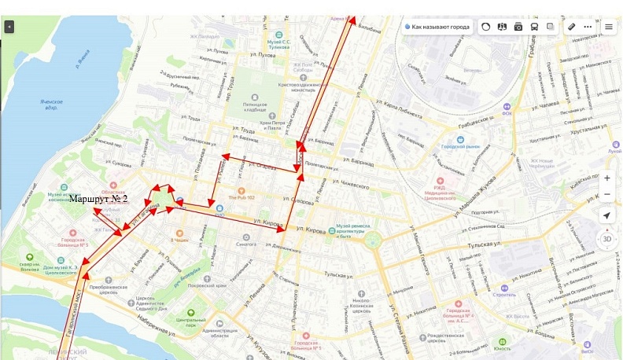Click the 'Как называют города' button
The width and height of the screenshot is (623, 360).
[437, 27]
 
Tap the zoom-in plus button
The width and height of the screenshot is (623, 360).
[607, 178]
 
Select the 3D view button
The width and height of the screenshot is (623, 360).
[607, 239]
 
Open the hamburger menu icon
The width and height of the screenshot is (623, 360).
[608, 27]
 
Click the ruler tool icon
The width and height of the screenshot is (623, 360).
[572, 27]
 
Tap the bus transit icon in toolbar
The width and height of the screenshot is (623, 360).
[534, 27]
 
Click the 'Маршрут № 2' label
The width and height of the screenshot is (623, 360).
[98, 199]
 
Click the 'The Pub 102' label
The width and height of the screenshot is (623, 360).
[241, 198]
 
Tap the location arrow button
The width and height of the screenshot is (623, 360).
[607, 215]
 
